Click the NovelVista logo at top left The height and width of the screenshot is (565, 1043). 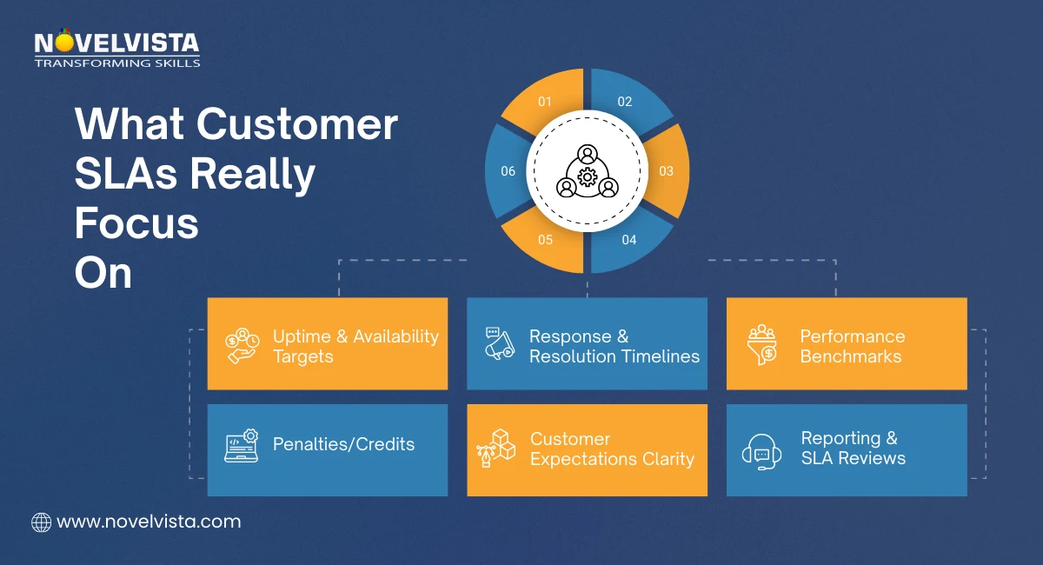click(x=117, y=50)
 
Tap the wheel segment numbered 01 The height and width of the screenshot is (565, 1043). click(x=545, y=102)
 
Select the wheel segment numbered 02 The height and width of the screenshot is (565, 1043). click(x=626, y=102)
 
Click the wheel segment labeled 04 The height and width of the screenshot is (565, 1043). click(x=628, y=240)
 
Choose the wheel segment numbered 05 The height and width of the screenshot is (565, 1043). click(x=545, y=240)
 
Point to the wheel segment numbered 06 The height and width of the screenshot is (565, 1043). click(x=508, y=171)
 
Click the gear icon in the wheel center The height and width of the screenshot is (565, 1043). click(x=588, y=177)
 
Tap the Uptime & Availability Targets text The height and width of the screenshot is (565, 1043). click(x=355, y=346)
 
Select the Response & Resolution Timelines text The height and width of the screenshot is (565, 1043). click(x=614, y=346)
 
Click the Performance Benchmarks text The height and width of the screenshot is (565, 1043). click(x=852, y=346)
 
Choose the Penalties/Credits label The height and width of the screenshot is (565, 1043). click(x=343, y=444)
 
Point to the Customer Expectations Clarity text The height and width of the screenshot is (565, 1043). click(x=612, y=449)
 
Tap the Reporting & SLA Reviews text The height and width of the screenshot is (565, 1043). click(x=853, y=449)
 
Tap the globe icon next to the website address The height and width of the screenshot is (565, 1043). click(x=41, y=522)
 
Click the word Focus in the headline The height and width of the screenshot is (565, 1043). click(x=136, y=224)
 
